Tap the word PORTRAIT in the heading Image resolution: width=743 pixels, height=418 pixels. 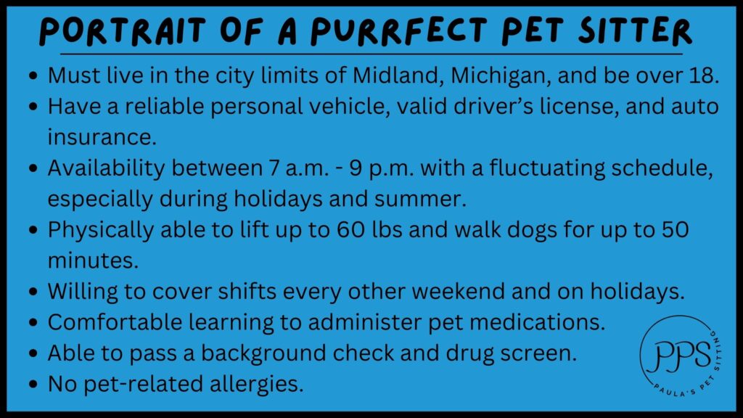[123, 31]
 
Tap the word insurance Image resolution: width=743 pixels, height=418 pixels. [102, 137]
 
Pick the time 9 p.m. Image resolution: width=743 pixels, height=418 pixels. [382, 168]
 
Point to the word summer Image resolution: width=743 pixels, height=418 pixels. [420, 199]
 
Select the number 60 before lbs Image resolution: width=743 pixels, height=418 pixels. [350, 230]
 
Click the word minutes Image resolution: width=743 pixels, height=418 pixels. [93, 261]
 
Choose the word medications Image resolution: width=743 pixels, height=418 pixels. [538, 322]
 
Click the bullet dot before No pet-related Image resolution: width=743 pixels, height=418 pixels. [33, 384]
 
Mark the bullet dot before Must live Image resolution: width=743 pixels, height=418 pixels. [33, 75]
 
